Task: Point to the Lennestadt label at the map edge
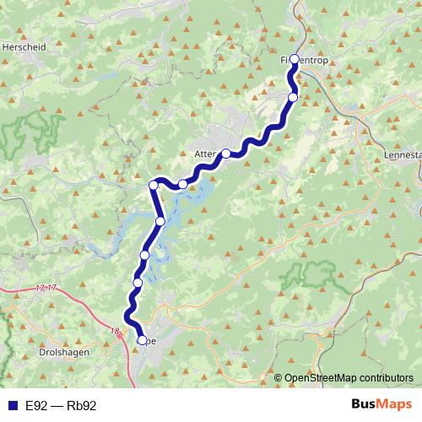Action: [x=403, y=156]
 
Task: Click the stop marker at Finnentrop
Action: [x=294, y=60]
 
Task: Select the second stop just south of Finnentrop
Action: [x=292, y=97]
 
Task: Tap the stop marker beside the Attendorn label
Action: [x=226, y=154]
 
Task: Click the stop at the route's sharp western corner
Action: [x=154, y=185]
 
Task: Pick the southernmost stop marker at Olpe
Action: [x=141, y=341]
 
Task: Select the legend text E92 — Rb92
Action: [x=61, y=406]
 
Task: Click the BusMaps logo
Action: [x=378, y=405]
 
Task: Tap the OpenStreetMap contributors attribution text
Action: [x=349, y=379]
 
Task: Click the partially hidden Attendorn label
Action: [x=206, y=155]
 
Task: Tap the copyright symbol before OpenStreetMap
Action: [x=279, y=379]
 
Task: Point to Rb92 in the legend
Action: [x=82, y=406]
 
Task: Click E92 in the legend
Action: [x=36, y=406]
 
